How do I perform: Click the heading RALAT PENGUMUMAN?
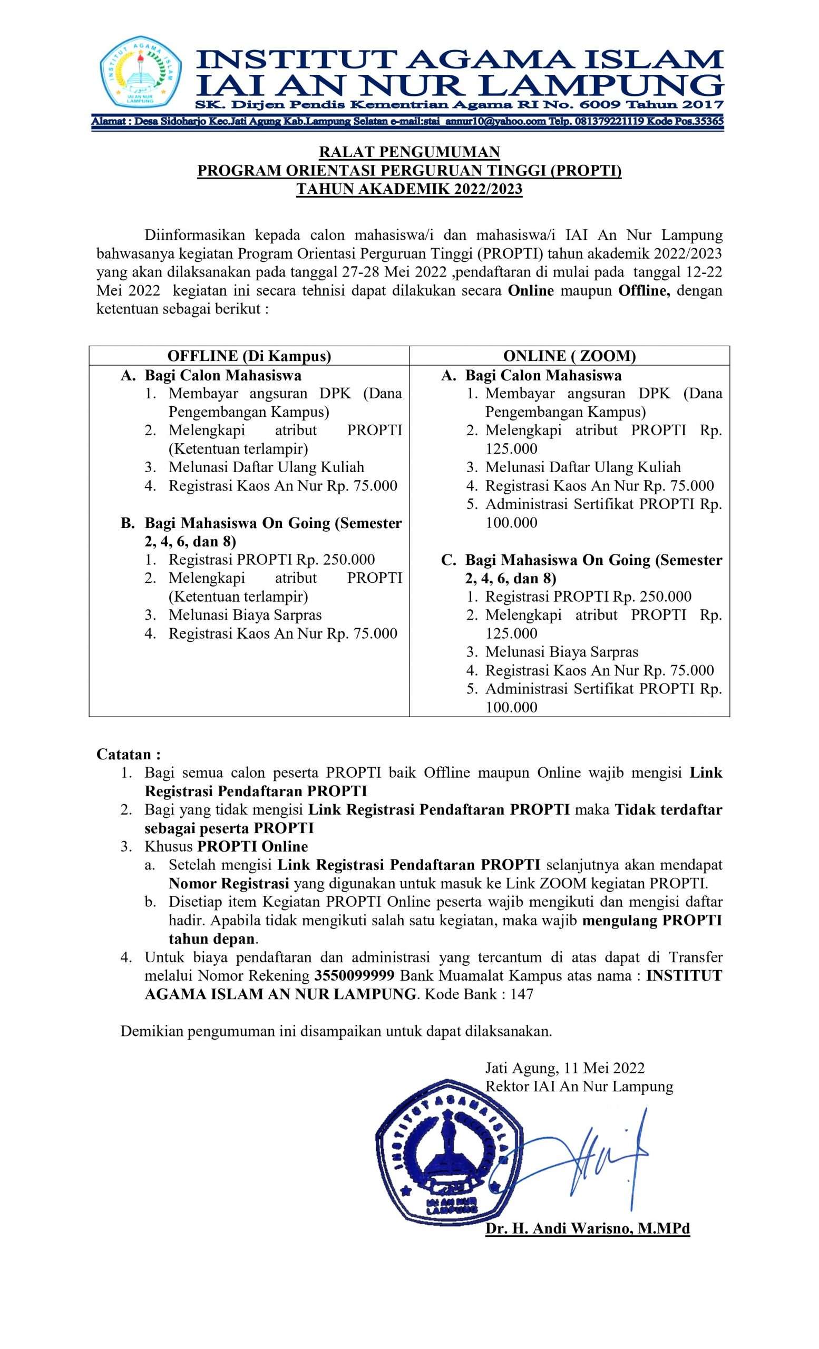click(x=409, y=152)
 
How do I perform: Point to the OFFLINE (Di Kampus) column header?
click(x=249, y=356)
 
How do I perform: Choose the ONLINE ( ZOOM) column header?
click(x=569, y=356)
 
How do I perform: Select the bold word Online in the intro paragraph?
click(x=531, y=290)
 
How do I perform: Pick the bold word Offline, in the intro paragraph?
click(x=644, y=290)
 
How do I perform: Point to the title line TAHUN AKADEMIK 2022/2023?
click(x=409, y=189)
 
